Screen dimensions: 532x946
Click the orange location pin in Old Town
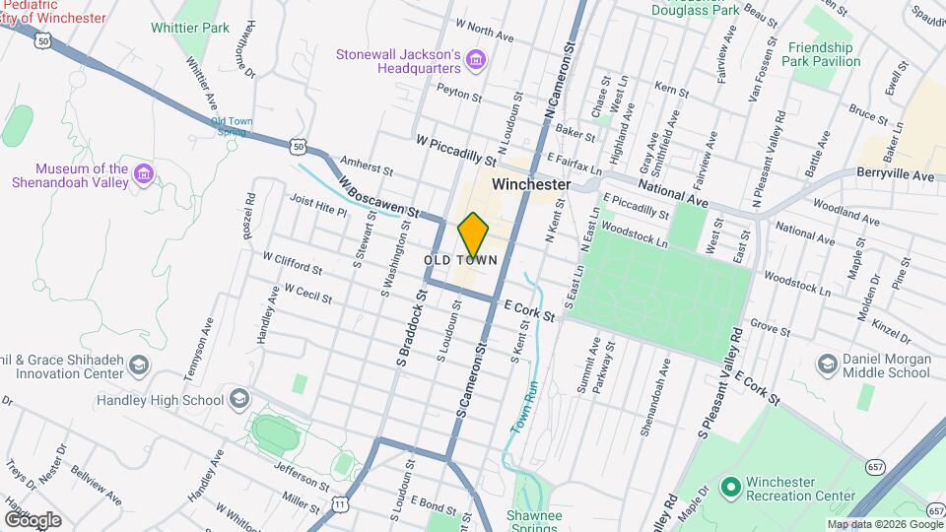[x=474, y=234]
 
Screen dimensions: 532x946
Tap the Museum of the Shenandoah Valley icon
[x=144, y=174]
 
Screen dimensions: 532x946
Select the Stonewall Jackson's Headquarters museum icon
[x=476, y=61]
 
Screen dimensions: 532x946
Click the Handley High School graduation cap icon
[x=237, y=399]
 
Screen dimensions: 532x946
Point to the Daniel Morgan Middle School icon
[x=828, y=366]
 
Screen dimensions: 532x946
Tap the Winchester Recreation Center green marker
[x=730, y=488]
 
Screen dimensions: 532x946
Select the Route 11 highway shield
[x=341, y=504]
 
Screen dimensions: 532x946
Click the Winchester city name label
[x=531, y=184]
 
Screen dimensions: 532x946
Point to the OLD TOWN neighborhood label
[x=459, y=260]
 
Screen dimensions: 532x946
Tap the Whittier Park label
[x=190, y=28]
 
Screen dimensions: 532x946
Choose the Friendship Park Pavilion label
[x=824, y=54]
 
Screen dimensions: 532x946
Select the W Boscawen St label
[x=377, y=197]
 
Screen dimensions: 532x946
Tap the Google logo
[x=33, y=519]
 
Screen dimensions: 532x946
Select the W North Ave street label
[x=485, y=29]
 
